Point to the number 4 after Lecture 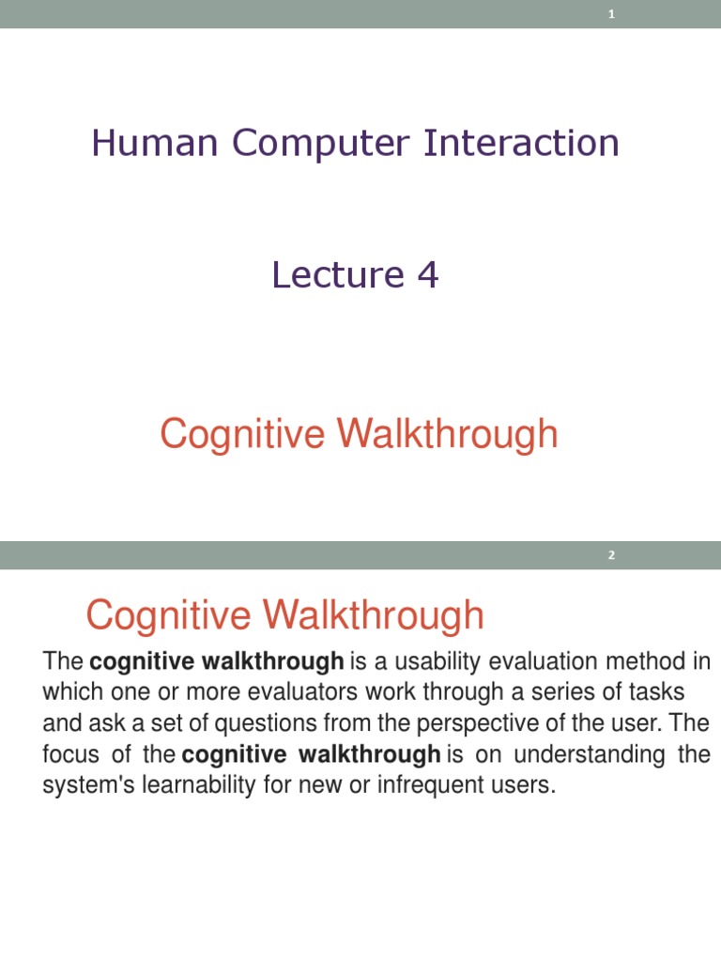(427, 275)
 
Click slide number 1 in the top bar (611, 13)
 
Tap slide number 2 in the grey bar (611, 555)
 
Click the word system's (86, 785)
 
